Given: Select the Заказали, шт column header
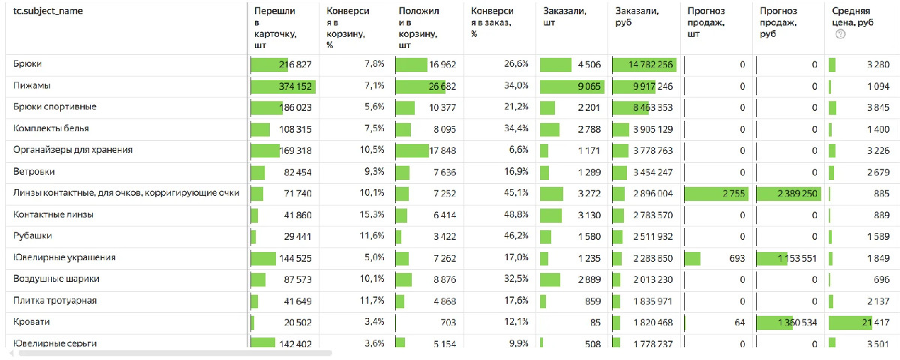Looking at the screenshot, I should click(x=564, y=17).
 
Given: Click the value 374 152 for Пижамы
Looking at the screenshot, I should click(x=295, y=86).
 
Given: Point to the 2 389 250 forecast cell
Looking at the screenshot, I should click(x=794, y=193).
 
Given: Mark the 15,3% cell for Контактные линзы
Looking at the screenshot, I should click(x=373, y=215).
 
